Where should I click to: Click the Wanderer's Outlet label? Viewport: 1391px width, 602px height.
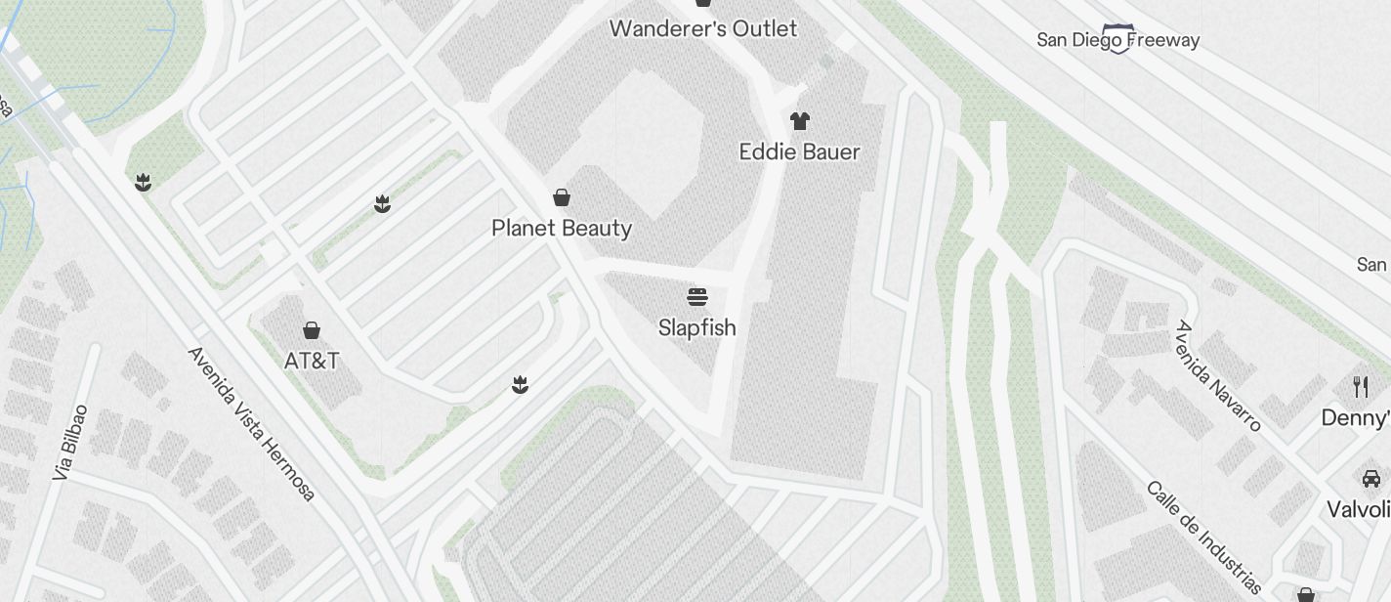[x=703, y=28]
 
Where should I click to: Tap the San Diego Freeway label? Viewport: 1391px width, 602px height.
[x=1117, y=41]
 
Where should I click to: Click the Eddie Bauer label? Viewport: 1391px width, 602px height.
[x=799, y=151]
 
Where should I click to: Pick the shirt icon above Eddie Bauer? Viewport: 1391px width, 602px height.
[x=800, y=121]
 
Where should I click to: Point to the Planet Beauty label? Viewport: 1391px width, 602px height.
[x=562, y=228]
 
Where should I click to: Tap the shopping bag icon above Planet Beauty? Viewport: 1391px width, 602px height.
[x=562, y=197]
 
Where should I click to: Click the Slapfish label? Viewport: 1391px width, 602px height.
[x=696, y=327]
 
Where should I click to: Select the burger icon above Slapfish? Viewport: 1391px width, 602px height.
[x=696, y=296]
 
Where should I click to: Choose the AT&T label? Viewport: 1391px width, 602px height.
[x=312, y=361]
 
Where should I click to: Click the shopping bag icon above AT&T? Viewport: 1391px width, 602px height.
[x=312, y=330]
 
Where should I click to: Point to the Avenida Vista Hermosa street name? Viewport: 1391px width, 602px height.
[x=252, y=423]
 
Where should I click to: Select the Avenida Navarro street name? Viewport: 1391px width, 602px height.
[x=1218, y=375]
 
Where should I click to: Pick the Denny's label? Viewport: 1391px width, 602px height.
[x=1356, y=418]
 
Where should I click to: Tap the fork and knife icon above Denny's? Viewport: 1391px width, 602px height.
[x=1361, y=387]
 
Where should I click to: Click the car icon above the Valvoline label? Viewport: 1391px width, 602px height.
[x=1370, y=478]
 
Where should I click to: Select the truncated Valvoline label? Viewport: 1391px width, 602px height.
[x=1359, y=509]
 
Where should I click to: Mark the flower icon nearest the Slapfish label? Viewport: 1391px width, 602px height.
[x=520, y=385]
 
